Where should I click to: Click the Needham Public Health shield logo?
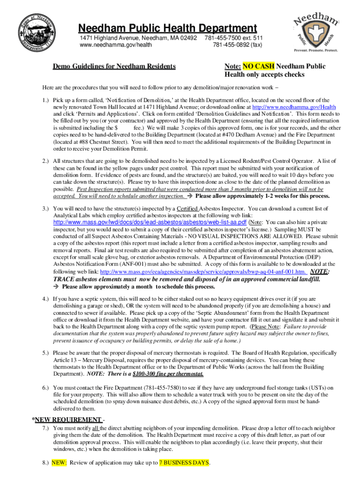316,32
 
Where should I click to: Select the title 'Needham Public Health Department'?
167,28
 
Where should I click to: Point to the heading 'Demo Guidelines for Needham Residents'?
114,66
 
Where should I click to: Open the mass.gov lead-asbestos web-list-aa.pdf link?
150,222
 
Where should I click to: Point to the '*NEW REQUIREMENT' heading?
67,419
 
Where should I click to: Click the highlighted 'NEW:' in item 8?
59,463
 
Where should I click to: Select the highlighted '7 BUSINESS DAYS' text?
184,463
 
